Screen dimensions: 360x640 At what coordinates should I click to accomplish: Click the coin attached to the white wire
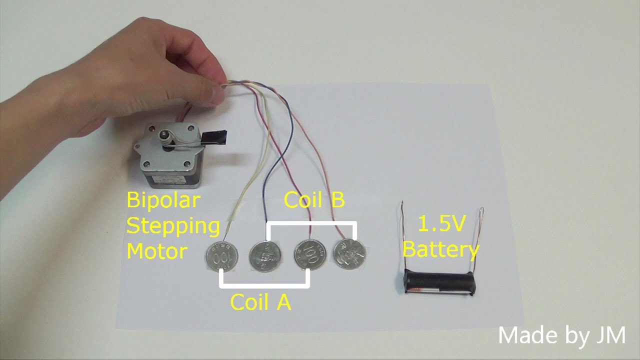pyautogui.click(x=221, y=257)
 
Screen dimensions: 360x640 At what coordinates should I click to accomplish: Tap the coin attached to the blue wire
pyautogui.click(x=265, y=257)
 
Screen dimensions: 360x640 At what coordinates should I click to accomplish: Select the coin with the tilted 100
pyautogui.click(x=308, y=255)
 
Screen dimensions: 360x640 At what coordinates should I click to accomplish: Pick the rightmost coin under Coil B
pyautogui.click(x=350, y=254)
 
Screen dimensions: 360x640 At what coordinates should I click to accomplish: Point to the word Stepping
pyautogui.click(x=173, y=226)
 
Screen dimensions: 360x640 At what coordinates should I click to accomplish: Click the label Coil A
pyautogui.click(x=260, y=302)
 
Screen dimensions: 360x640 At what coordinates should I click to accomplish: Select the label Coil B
pyautogui.click(x=314, y=200)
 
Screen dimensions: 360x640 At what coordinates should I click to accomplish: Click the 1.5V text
pyautogui.click(x=441, y=225)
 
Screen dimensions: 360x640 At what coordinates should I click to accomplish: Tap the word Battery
pyautogui.click(x=441, y=249)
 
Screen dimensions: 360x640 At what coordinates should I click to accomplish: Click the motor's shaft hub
pyautogui.click(x=164, y=136)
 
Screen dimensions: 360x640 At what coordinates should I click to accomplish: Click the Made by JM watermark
pyautogui.click(x=561, y=335)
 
